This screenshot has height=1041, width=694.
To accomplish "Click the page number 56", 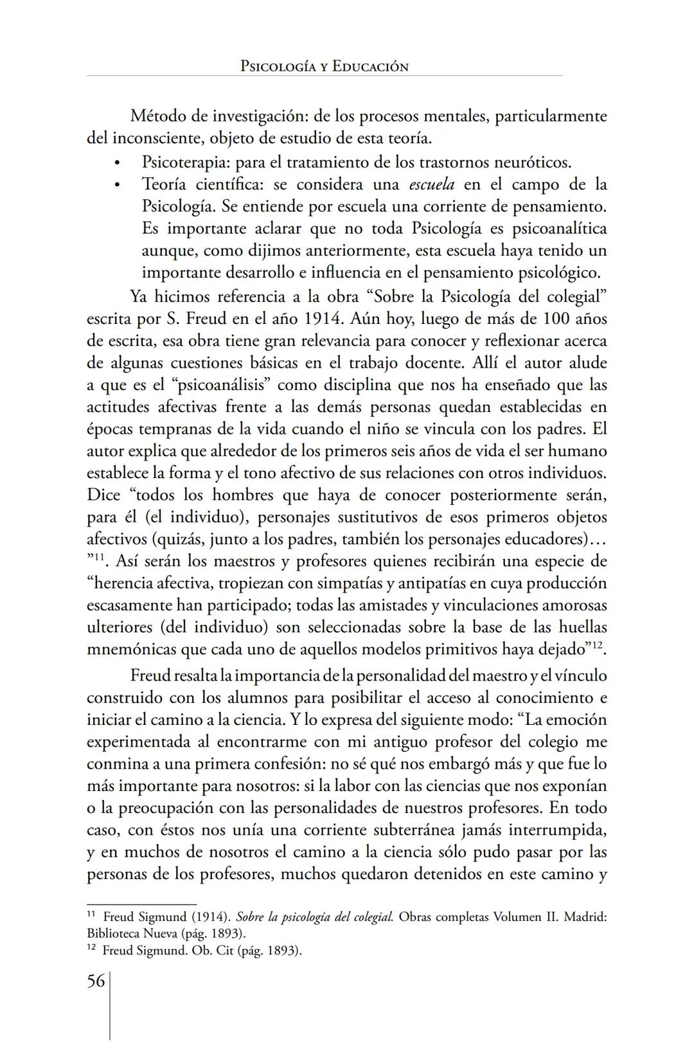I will point(96,981).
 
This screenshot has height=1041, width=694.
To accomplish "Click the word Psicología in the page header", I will point(278,66).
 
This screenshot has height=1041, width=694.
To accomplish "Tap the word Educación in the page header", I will point(370,66).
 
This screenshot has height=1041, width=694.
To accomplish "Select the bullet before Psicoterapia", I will point(116,163).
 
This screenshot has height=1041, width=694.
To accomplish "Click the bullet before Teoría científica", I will point(116,185).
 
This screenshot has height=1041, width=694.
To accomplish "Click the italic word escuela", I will point(431,184).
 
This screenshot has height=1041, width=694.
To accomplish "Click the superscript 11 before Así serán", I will point(100,557).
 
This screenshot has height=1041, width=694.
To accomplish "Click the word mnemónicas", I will point(131,649).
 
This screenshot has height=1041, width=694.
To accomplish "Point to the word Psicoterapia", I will point(187,162).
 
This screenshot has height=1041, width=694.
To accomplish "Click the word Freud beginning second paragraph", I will point(150,675).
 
